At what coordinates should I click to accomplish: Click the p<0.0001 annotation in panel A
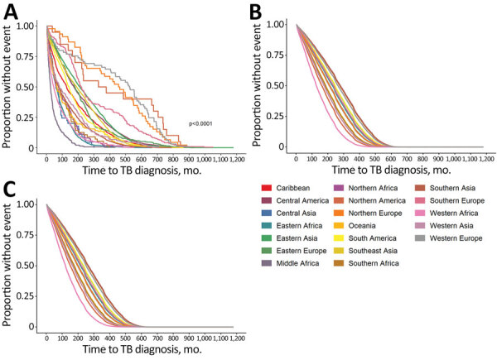click(x=204, y=123)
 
